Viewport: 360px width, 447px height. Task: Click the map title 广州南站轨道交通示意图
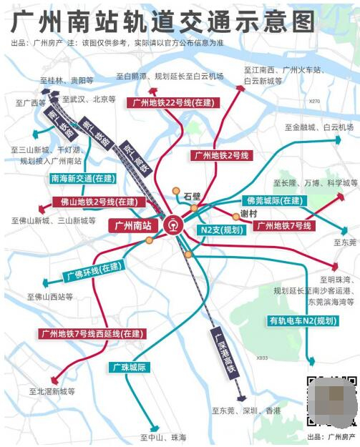162,21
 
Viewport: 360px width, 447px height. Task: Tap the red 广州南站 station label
134,225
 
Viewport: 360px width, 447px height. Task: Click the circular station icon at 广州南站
172,225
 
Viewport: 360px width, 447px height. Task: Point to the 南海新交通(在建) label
83,177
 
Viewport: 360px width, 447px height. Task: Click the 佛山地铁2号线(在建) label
94,202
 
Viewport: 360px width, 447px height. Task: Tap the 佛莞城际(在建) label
273,200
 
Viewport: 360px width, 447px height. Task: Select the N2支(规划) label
221,230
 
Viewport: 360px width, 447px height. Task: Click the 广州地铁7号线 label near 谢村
284,226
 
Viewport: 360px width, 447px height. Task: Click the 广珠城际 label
129,368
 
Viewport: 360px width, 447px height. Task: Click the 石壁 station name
192,195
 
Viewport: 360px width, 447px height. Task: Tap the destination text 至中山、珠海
163,437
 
